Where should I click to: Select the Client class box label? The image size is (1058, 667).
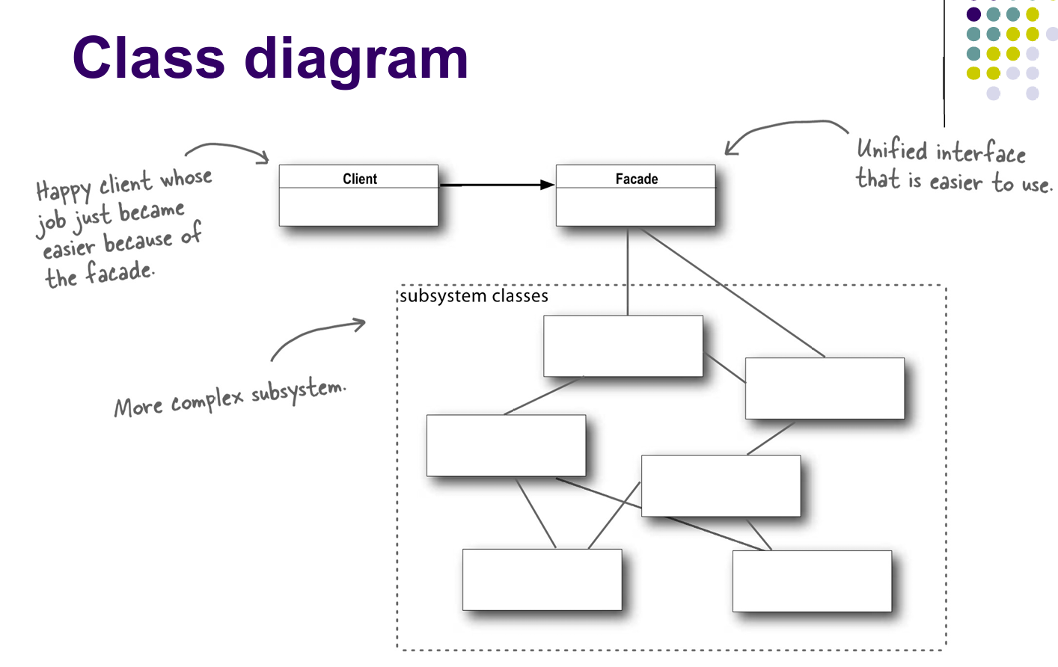[x=359, y=179]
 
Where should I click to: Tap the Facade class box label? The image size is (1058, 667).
[x=636, y=179]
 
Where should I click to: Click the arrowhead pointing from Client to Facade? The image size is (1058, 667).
[x=547, y=185]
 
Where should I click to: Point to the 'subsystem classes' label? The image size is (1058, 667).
[x=474, y=296]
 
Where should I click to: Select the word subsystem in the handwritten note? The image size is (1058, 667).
[x=298, y=390]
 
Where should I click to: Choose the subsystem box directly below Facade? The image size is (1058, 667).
[x=623, y=345]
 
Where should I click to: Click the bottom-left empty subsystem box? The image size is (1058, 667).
[x=542, y=580]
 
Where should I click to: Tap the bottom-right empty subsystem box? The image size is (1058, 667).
[x=812, y=581]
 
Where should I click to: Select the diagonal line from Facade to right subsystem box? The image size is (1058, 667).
[x=733, y=292]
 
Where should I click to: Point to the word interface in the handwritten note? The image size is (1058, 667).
[x=980, y=153]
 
